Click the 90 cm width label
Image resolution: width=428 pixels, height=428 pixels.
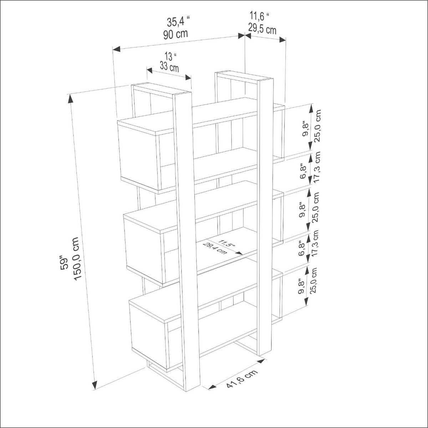pos(175,35)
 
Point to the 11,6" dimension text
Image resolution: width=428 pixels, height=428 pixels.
pos(259,16)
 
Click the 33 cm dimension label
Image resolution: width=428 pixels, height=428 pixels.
pos(169,67)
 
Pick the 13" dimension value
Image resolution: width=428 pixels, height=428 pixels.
pos(171,56)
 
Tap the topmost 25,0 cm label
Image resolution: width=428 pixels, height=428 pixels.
pos(318,126)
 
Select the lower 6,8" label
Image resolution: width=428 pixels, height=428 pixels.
pos(302,248)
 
